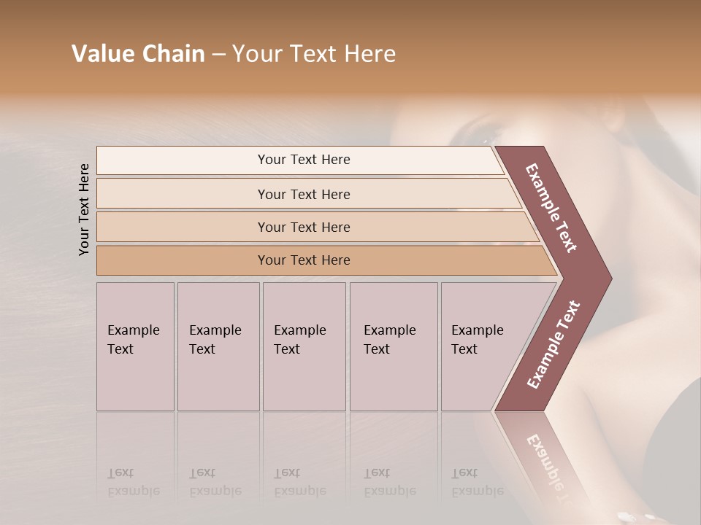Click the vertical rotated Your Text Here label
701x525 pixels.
[x=84, y=209]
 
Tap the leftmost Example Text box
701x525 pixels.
[x=135, y=346]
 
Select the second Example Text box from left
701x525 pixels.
[x=218, y=346]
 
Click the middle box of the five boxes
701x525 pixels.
[x=304, y=346]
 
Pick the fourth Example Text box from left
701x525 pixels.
[x=394, y=346]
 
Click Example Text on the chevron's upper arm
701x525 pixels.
[x=551, y=208]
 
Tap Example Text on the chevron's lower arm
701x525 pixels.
[x=553, y=344]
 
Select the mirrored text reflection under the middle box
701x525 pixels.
[x=299, y=482]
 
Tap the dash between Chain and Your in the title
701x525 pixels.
[x=218, y=55]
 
